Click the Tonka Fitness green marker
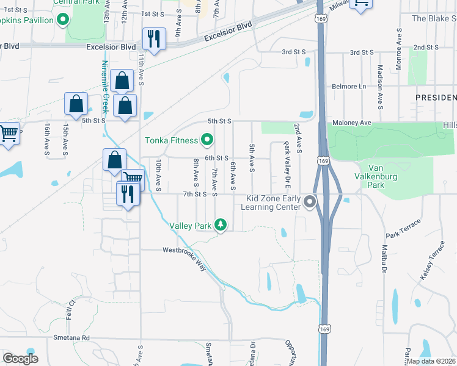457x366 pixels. pyautogui.click(x=207, y=141)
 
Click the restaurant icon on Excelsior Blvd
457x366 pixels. pyautogui.click(x=153, y=39)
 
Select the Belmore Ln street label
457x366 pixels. pyautogui.click(x=348, y=87)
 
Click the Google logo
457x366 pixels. pyautogui.click(x=20, y=359)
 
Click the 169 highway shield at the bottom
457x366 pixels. pyautogui.click(x=323, y=329)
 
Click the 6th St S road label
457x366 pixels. pyautogui.click(x=216, y=157)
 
